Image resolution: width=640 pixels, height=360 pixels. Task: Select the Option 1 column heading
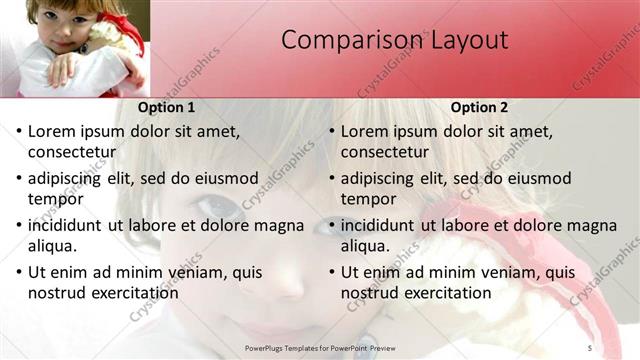[x=165, y=107]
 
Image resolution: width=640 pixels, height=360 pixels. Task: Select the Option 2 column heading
[x=479, y=107]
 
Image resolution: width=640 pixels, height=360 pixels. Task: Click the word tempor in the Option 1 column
[x=56, y=199]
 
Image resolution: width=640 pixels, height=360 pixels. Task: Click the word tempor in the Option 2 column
[x=369, y=199]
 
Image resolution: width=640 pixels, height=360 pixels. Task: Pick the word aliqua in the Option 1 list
[x=56, y=246]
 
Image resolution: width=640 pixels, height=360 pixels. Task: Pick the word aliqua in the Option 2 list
[x=368, y=246]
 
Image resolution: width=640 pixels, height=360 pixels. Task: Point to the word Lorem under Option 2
[x=363, y=131]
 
